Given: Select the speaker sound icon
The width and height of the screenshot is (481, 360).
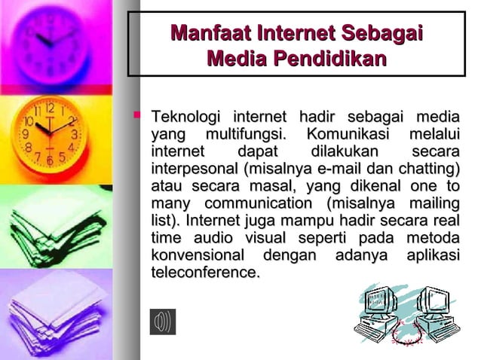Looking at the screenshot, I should pyautogui.click(x=162, y=322).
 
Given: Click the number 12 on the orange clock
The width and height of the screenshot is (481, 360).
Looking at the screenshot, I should pyautogui.click(x=50, y=108).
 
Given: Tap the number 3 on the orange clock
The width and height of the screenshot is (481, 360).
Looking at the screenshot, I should pyautogui.click(x=75, y=134).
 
